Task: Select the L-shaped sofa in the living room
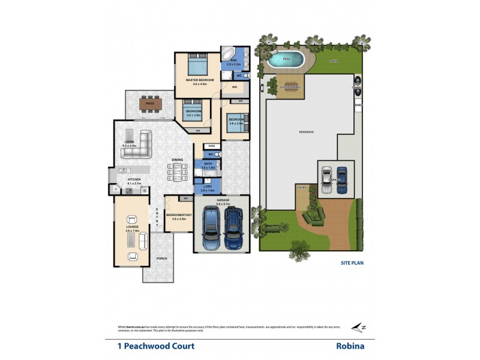137,146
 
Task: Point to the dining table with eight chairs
177,171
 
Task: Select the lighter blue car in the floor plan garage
211,229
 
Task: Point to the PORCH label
162,259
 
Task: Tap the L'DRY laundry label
208,187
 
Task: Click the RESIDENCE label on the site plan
307,132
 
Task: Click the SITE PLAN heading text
353,262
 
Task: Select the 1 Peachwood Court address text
155,346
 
